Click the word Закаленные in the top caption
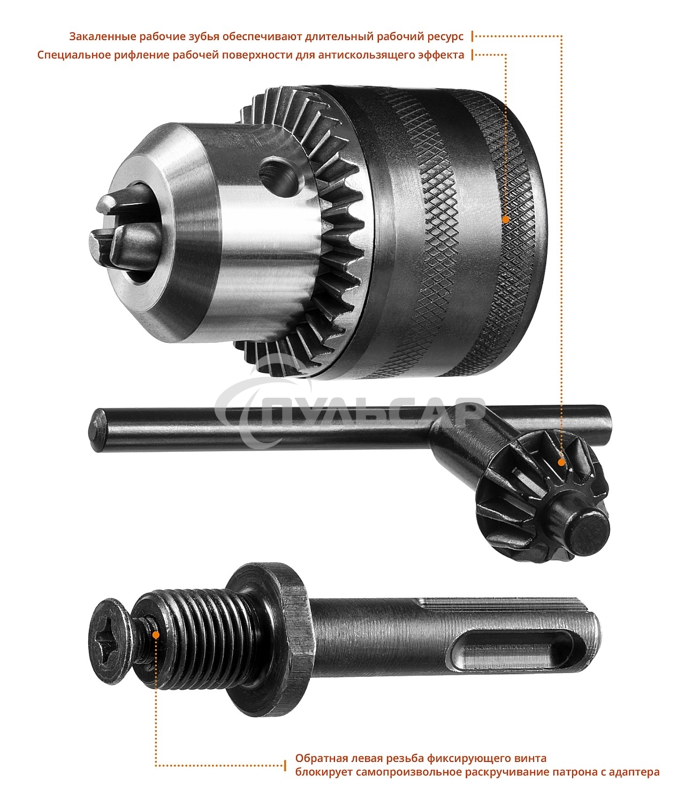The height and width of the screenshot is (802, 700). click(103, 36)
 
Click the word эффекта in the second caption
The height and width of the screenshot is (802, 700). click(440, 55)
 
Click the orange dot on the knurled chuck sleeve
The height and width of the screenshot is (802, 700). click(506, 220)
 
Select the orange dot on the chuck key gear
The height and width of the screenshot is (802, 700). click(561, 462)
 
